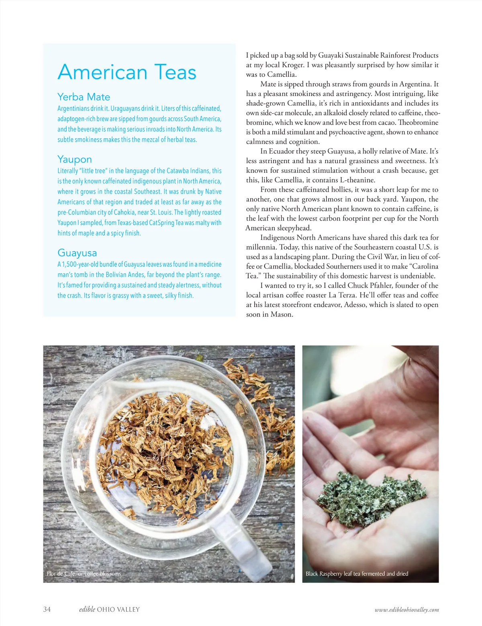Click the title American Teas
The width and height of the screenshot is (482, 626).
tap(127, 72)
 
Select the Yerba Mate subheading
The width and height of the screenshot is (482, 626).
tap(84, 97)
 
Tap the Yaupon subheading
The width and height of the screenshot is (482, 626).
tap(74, 159)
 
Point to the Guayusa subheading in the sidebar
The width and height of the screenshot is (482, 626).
tap(77, 253)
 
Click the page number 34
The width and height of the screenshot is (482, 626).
tap(47, 609)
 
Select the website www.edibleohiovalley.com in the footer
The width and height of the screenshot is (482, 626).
tap(406, 610)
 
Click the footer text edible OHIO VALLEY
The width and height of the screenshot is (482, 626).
tap(109, 609)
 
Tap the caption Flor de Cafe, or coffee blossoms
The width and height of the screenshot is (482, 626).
tap(84, 574)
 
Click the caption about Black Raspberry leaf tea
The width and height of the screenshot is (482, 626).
tap(357, 574)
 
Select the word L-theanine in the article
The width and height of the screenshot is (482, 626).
tap(356, 180)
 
